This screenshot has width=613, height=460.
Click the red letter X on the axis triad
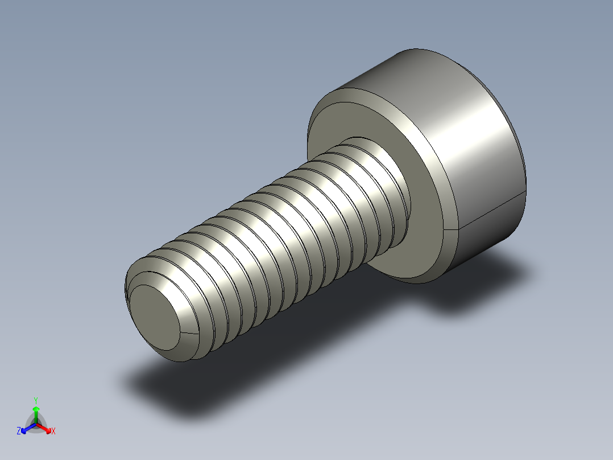click(53, 432)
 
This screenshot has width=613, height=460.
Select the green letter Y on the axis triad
click(35, 400)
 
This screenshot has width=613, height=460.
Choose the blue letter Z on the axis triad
click(19, 432)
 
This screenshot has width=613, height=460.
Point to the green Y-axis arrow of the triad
click(36, 414)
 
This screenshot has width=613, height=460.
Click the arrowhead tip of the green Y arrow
click(36, 408)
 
